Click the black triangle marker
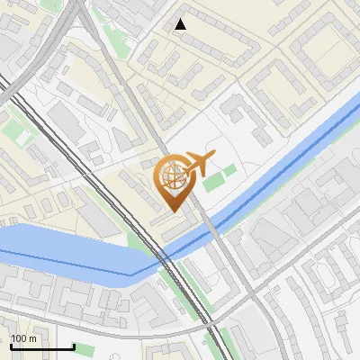coord(181,24)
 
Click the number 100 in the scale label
coord(18,338)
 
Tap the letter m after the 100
coord(32,338)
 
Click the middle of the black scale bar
coord(42,346)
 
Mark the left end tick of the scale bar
coord(11,346)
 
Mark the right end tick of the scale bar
coord(74,346)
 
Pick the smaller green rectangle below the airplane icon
coord(230,168)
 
